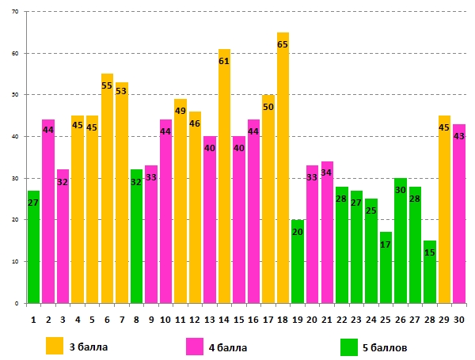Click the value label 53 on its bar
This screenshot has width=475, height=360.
click(x=121, y=91)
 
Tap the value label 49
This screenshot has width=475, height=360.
click(x=180, y=111)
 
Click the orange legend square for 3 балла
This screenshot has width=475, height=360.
click(x=55, y=347)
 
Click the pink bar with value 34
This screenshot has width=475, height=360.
click(x=326, y=237)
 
